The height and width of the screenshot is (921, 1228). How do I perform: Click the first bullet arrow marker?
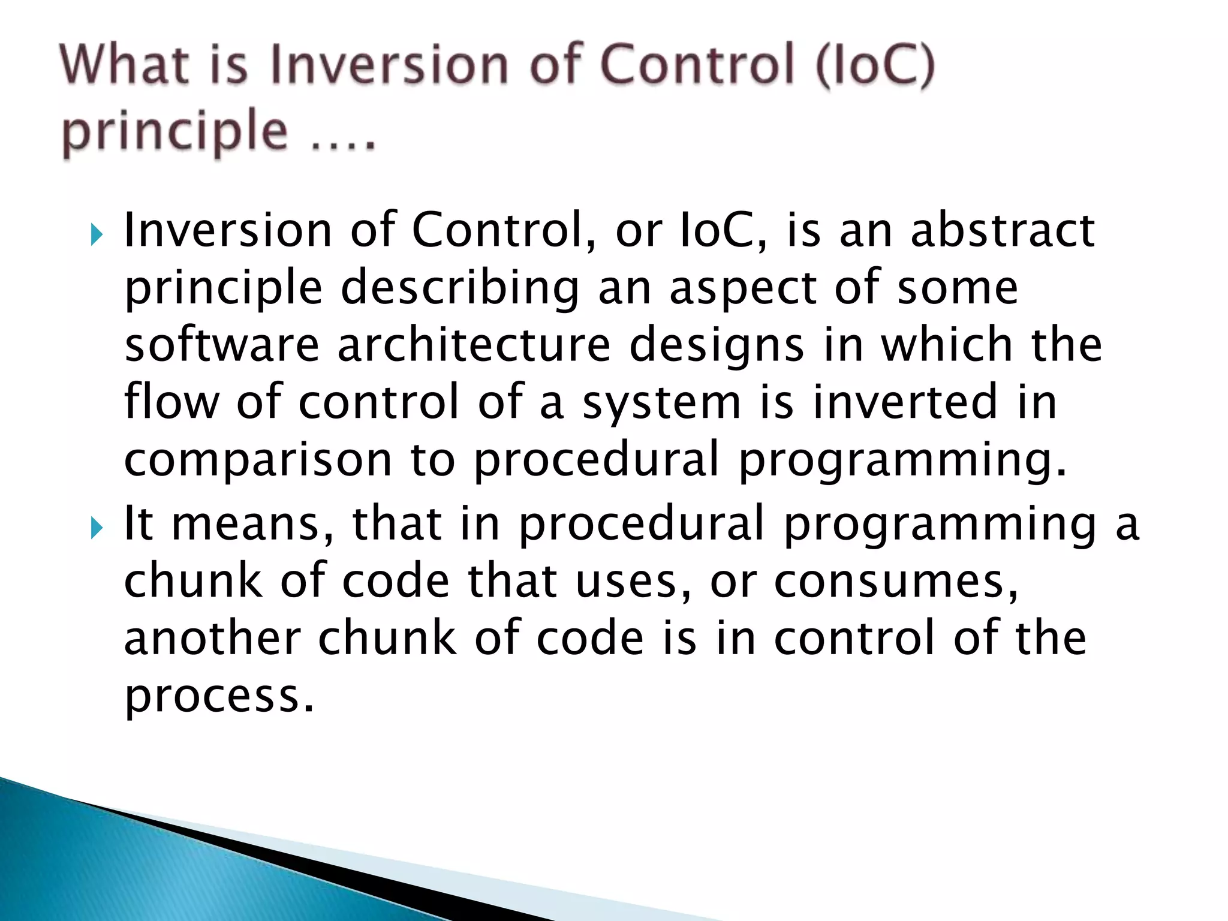point(97,234)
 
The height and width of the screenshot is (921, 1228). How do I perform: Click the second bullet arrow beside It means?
point(97,528)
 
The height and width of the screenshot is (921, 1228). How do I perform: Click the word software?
point(221,345)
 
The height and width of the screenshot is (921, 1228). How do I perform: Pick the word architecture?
point(474,345)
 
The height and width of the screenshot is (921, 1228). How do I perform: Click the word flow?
point(172,402)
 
